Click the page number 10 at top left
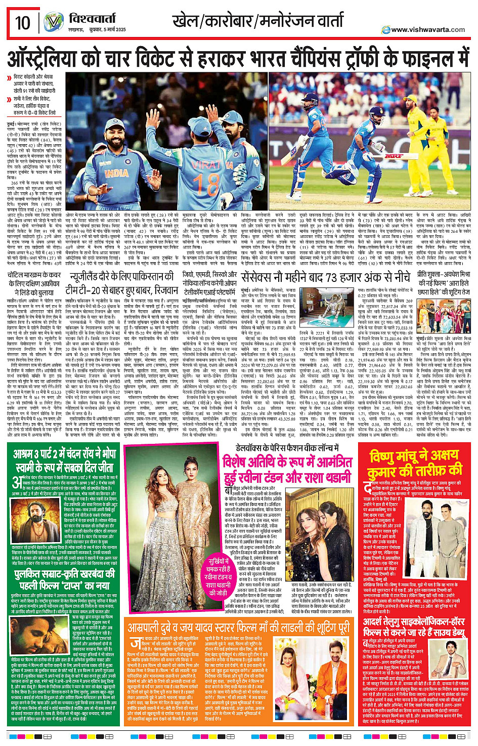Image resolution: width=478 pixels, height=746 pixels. click(x=22, y=23)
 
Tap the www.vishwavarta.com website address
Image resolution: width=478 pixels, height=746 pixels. click(x=427, y=29)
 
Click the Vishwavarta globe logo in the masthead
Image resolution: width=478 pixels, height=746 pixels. click(x=54, y=22)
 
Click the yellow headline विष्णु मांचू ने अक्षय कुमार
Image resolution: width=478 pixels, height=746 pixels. click(x=415, y=463)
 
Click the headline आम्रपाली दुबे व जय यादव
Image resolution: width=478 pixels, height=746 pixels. click(x=238, y=628)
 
